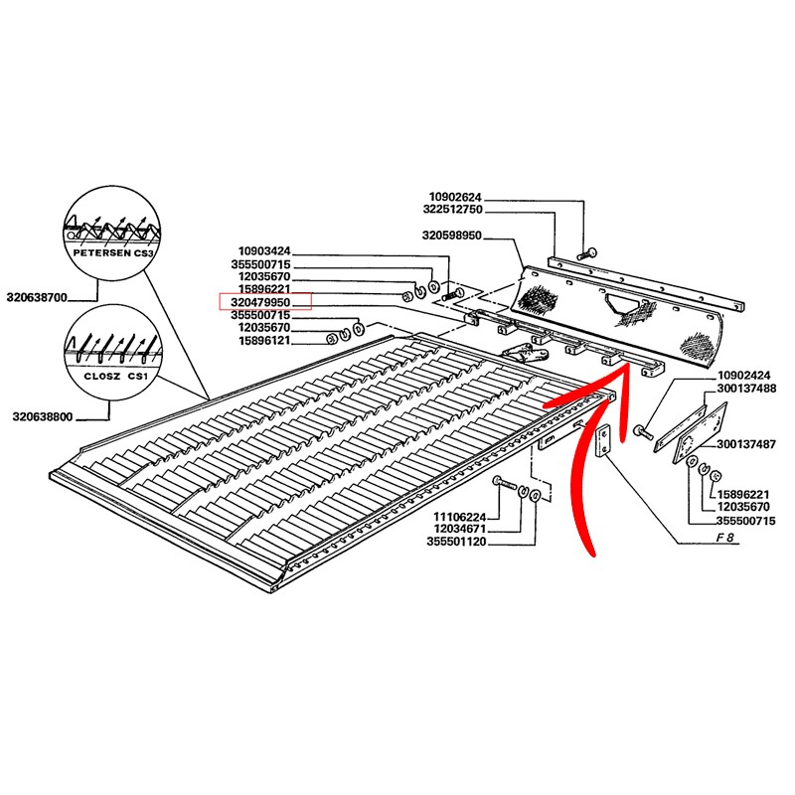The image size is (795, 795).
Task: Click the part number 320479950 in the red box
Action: [260, 302]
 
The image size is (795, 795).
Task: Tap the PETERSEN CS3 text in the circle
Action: [112, 252]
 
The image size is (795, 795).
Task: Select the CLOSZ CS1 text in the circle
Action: [115, 377]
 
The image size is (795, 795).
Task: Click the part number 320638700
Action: [37, 297]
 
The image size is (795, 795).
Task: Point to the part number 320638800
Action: [43, 416]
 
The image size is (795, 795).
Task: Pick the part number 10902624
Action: [455, 197]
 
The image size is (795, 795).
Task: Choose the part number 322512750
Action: [452, 210]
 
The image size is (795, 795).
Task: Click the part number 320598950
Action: [452, 236]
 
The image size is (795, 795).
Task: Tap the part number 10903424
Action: [264, 251]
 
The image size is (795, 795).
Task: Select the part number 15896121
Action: [264, 340]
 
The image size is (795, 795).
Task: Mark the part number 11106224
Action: [459, 517]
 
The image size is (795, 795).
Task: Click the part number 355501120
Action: [456, 542]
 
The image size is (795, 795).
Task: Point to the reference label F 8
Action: [725, 538]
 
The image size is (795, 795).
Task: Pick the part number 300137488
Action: [746, 389]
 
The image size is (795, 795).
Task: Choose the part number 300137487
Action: [746, 444]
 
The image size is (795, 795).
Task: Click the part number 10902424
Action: [743, 376]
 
